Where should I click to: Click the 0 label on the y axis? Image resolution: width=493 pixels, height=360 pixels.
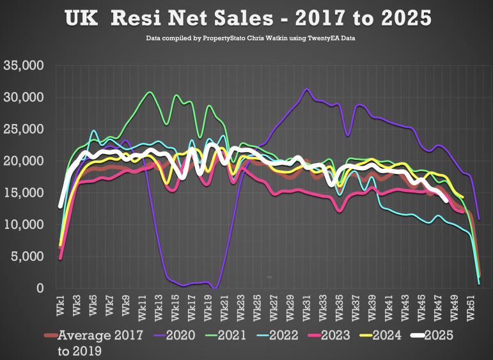(40, 288)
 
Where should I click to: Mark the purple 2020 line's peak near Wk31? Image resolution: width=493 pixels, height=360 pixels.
(308, 89)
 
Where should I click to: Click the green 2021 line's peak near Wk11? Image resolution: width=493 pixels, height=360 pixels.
(150, 92)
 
